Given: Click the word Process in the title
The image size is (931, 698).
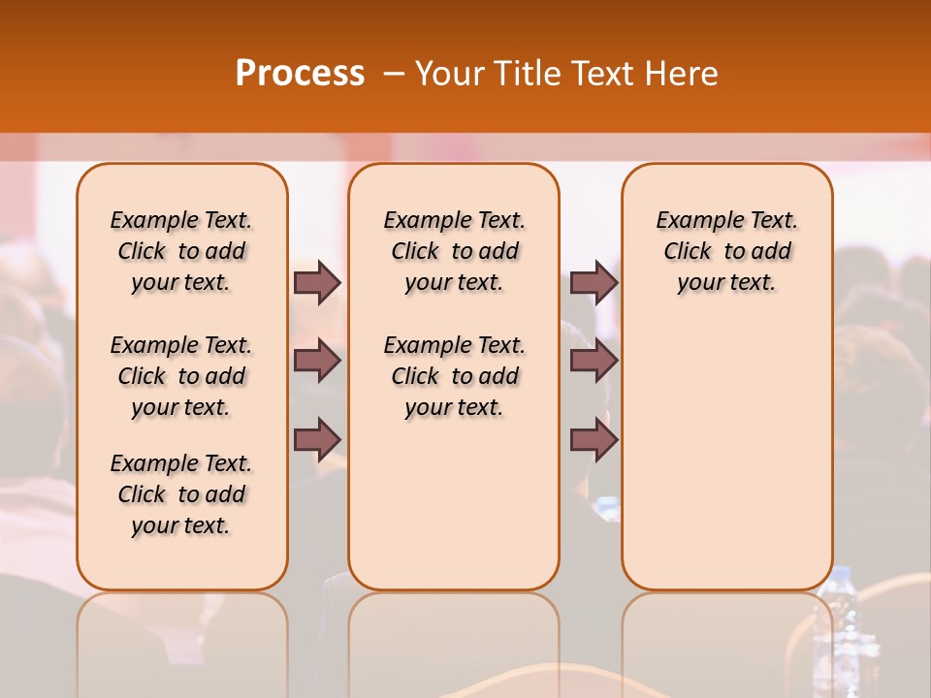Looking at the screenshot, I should [300, 73].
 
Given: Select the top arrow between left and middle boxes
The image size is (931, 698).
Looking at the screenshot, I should [317, 282].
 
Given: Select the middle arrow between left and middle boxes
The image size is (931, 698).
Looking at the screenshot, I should [317, 361].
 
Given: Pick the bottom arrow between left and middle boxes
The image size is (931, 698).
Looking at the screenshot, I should [317, 439].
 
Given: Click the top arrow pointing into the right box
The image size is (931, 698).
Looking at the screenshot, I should [594, 282].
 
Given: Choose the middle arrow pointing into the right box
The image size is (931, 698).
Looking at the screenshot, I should [594, 361].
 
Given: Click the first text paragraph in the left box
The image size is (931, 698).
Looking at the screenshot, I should [181, 251].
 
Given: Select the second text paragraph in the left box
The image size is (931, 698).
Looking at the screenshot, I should [181, 376].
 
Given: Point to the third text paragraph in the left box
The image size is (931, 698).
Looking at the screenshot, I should [181, 494].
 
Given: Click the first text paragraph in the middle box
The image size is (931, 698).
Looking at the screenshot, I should [454, 251].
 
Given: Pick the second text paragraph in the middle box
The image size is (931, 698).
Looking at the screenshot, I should [454, 376].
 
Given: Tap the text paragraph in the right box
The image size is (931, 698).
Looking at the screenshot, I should [726, 251].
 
